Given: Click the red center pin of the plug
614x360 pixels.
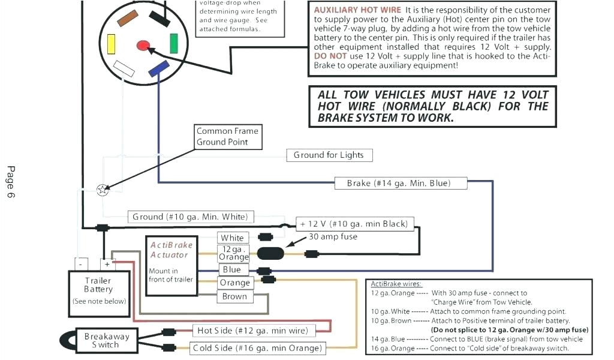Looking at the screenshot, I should [143, 46].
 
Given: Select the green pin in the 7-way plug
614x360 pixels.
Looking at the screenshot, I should [173, 43].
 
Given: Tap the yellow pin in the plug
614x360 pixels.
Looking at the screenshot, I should [111, 44].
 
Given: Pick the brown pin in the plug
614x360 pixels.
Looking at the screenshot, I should [128, 20].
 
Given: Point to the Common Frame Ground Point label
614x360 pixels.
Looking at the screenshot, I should [227, 137].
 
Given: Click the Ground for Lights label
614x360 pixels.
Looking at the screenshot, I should [329, 155].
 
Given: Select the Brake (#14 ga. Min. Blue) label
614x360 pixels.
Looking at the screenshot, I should [400, 184].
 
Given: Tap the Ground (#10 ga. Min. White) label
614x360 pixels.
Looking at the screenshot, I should [190, 217].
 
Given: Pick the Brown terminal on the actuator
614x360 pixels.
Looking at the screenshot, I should [234, 296].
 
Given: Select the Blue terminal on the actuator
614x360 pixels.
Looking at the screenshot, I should [231, 270].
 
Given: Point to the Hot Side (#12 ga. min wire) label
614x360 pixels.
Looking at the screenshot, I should [252, 331].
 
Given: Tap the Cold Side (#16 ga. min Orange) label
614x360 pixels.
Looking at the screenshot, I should [257, 348].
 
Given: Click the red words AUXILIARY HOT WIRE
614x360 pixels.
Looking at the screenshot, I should [357, 10].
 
